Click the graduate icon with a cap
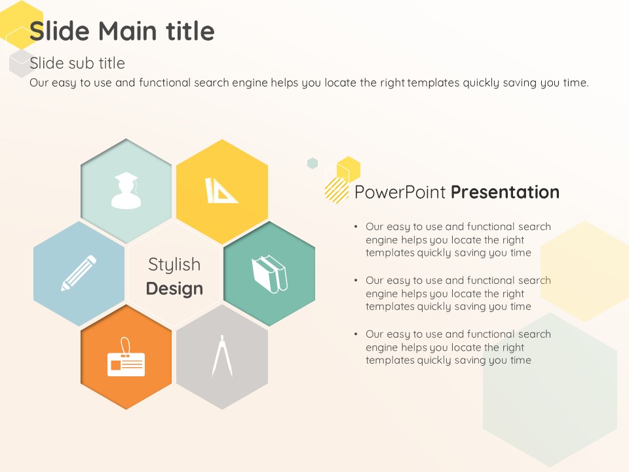click(126, 191)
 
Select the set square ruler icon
click(221, 191)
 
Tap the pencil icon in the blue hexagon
click(79, 273)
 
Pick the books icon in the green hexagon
click(269, 274)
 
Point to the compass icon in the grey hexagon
click(222, 356)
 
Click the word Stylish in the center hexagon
click(174, 265)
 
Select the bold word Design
click(174, 288)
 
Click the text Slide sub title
click(77, 63)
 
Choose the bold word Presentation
click(505, 192)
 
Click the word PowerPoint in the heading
click(400, 192)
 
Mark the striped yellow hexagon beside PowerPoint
click(337, 190)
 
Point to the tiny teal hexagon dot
click(313, 163)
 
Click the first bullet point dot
click(356, 226)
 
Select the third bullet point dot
click(356, 334)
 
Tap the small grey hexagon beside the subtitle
click(21, 64)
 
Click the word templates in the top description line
click(434, 83)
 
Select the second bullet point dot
click(356, 280)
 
